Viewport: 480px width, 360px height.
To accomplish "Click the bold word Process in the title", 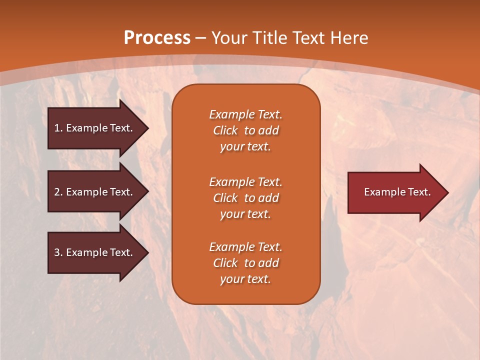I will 157,37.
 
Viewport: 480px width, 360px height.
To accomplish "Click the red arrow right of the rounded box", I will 395,192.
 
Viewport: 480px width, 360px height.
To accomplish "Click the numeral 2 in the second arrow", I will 57,192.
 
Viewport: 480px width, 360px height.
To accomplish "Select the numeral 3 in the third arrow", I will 57,252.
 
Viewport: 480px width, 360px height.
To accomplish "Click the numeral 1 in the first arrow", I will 57,128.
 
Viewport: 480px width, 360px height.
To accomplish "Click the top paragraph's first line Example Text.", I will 245,114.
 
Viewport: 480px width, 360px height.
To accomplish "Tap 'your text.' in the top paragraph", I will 245,146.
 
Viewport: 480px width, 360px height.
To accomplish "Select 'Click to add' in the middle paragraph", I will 245,198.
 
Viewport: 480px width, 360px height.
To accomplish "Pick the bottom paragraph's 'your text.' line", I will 245,279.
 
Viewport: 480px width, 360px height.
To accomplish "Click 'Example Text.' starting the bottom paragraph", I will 245,246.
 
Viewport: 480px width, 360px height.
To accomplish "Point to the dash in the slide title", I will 200,38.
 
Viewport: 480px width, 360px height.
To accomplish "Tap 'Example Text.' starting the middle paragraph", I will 245,181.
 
